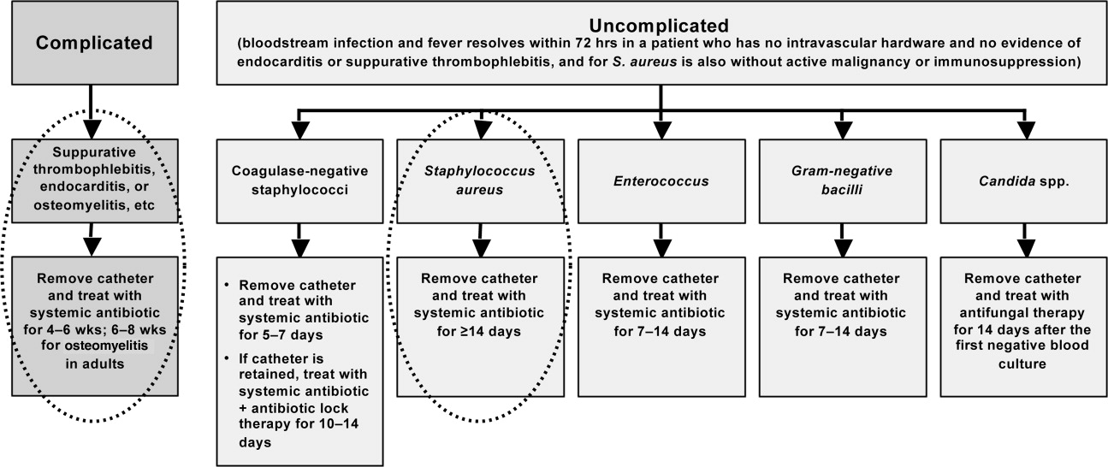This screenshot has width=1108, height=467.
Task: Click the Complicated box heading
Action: click(94, 43)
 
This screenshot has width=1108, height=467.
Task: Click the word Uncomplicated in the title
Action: click(659, 25)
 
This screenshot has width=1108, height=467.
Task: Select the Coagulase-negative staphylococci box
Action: click(299, 181)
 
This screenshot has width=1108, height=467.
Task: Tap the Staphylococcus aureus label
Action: click(480, 180)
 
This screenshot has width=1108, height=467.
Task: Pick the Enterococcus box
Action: click(661, 181)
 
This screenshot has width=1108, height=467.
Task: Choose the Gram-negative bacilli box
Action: click(843, 181)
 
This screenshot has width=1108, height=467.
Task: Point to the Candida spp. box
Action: click(1023, 181)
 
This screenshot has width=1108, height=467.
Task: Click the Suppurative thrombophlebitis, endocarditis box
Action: click(94, 180)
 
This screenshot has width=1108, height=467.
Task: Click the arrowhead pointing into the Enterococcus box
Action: click(661, 130)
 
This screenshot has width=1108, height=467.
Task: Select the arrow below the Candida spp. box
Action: click(1024, 240)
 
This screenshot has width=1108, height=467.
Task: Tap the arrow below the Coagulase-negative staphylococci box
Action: click(299, 240)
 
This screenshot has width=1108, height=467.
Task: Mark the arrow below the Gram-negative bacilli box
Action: click(843, 240)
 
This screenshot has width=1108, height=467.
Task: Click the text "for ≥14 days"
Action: click(479, 331)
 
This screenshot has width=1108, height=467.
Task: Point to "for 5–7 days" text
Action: click(281, 335)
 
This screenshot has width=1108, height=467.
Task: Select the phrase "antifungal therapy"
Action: click(1022, 313)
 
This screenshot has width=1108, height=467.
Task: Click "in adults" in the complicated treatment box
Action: click(95, 364)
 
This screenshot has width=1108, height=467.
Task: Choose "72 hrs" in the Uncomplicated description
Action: click(595, 43)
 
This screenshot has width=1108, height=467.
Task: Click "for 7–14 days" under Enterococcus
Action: click(660, 331)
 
